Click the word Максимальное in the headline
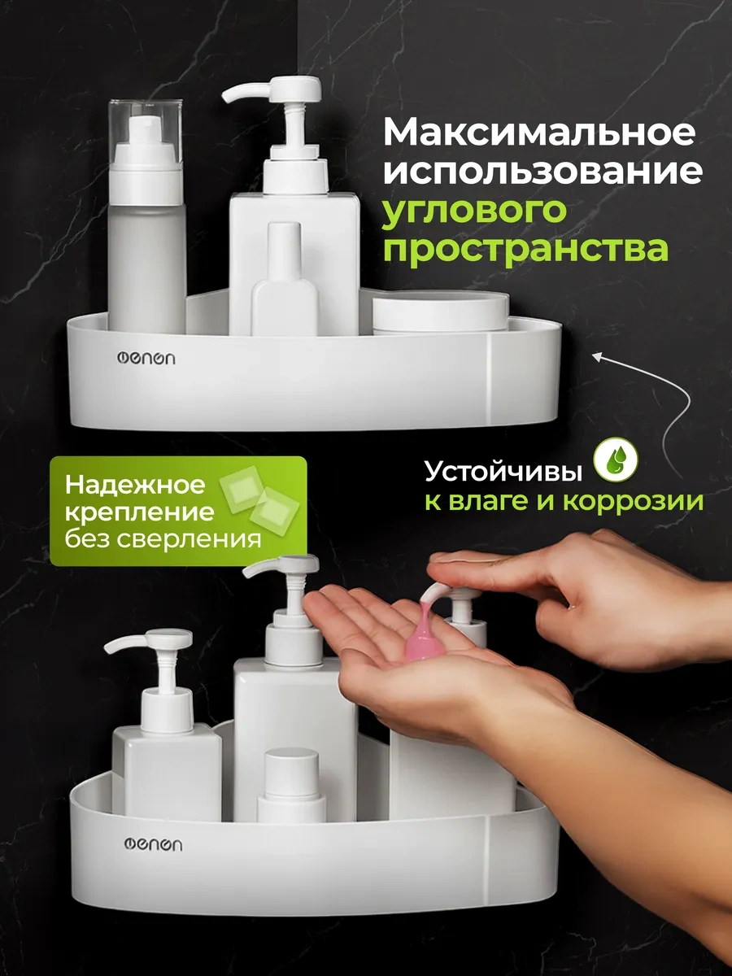(538, 132)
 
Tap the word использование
(542, 171)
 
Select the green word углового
(475, 212)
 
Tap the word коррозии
(634, 502)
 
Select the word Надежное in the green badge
(135, 485)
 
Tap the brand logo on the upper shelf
(146, 358)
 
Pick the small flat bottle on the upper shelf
(285, 279)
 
